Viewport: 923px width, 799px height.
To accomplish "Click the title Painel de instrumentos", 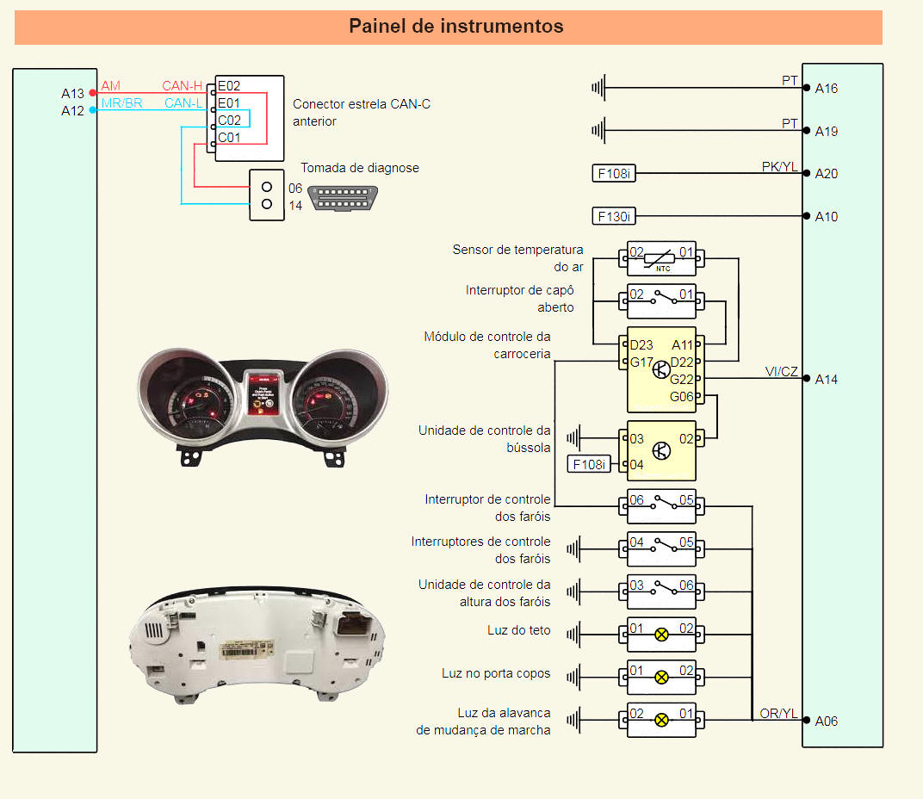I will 455,27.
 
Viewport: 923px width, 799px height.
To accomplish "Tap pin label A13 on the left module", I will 72,93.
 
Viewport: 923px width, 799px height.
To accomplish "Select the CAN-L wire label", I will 183,103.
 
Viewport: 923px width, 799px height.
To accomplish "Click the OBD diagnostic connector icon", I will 346,197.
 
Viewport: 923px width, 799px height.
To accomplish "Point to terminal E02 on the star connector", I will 229,86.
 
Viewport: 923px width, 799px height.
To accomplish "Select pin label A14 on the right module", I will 827,379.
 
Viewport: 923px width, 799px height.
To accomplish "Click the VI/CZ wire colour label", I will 781,371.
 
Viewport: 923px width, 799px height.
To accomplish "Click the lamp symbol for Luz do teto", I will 661,635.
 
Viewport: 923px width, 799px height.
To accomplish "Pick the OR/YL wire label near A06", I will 778,713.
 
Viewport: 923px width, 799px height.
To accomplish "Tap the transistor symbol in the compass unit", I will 661,450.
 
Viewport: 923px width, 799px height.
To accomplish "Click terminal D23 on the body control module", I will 641,345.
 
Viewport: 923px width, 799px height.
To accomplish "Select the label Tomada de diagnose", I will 359,168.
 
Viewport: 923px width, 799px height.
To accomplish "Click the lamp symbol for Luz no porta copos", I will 661,677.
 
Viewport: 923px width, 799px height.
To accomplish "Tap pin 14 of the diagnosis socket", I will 267,204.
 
